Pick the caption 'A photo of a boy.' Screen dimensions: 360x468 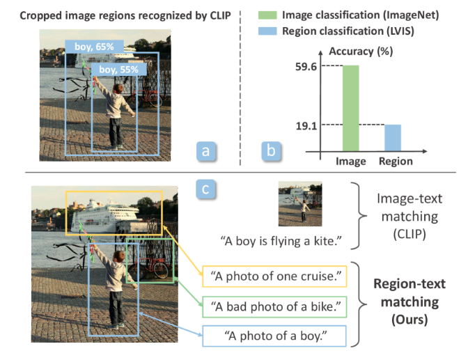click(x=275, y=336)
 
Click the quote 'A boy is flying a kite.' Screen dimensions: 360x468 click(x=281, y=240)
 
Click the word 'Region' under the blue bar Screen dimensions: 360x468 click(x=395, y=162)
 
